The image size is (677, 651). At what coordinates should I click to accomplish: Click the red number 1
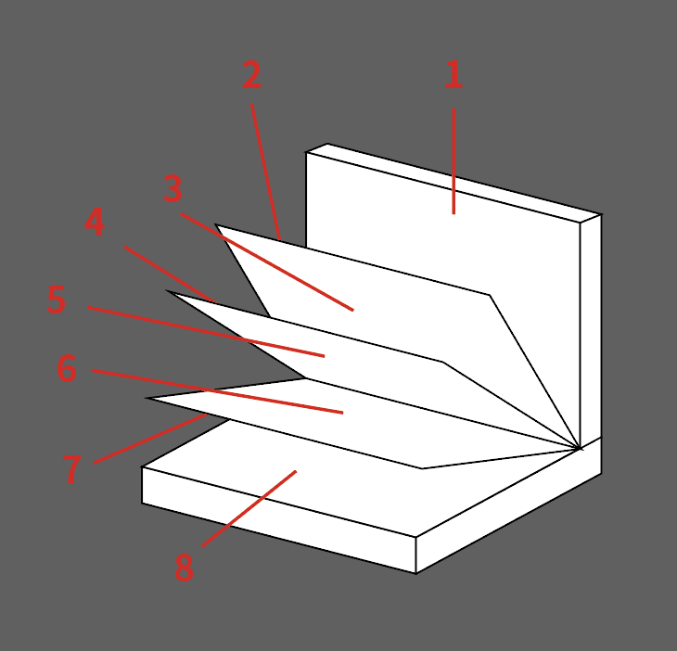[453, 75]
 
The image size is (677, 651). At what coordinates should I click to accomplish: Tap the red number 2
[251, 75]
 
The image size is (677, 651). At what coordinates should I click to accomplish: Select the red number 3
[172, 188]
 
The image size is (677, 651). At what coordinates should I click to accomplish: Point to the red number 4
[94, 222]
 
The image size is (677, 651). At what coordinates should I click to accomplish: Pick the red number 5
[57, 299]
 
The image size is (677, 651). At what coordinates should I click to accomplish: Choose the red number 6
[67, 368]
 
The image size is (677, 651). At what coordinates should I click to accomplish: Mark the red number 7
[71, 469]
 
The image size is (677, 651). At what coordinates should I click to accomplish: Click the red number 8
[184, 568]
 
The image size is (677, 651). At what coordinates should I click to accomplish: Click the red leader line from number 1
[453, 161]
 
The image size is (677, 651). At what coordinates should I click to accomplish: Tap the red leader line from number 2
[265, 172]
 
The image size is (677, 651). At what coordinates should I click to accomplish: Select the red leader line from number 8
[249, 508]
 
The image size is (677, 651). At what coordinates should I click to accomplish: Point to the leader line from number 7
[150, 439]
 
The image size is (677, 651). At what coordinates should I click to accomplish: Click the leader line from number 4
[170, 274]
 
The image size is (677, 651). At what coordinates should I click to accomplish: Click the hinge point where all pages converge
[579, 449]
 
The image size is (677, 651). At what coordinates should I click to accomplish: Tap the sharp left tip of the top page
[215, 224]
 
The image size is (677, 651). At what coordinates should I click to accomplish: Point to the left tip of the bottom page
[146, 398]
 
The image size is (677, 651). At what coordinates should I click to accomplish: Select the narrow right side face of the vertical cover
[591, 332]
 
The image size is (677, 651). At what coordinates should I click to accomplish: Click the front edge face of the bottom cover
[279, 520]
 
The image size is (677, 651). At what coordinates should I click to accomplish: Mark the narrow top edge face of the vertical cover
[453, 183]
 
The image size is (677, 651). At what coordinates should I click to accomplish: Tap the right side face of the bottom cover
[508, 505]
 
